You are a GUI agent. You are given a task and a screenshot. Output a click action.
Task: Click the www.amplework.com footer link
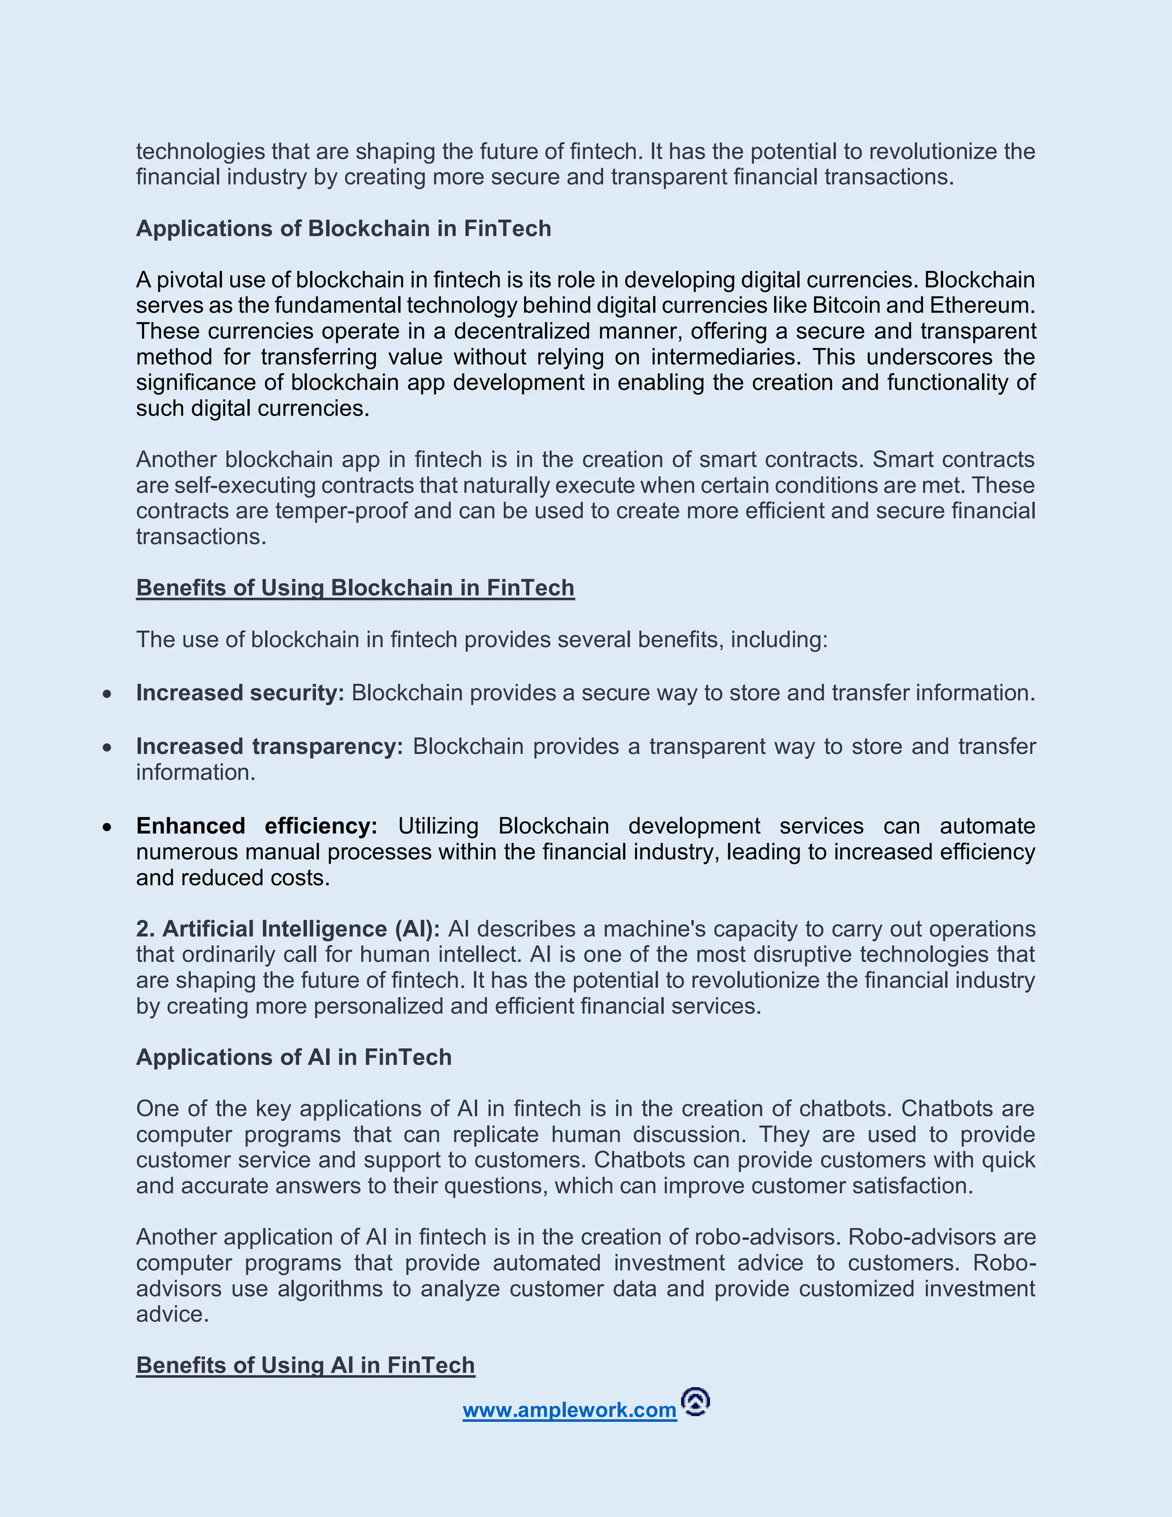click(569, 1410)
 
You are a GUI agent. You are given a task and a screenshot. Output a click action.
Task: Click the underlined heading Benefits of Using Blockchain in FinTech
click(355, 588)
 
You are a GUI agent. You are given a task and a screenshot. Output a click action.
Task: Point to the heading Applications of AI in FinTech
click(294, 1057)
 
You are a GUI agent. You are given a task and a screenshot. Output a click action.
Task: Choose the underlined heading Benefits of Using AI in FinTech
click(306, 1365)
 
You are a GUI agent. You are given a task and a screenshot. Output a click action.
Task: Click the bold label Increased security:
click(240, 693)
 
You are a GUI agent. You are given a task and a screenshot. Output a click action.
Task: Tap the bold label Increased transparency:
click(270, 746)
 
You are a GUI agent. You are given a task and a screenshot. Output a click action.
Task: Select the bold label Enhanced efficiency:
click(256, 826)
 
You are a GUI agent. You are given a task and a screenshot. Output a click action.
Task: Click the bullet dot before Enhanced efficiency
click(107, 827)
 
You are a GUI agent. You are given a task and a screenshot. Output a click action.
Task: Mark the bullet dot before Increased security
click(107, 694)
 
